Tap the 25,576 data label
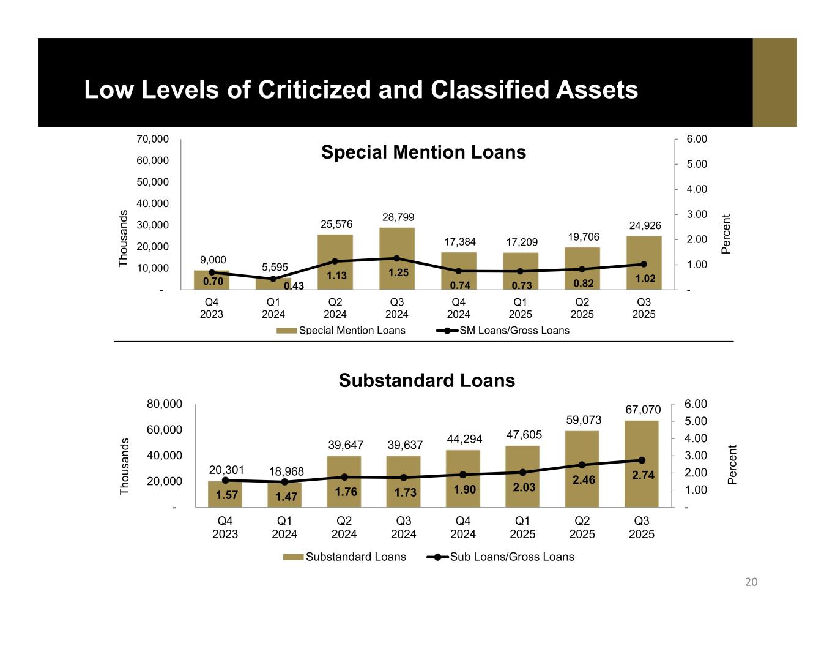point(336,225)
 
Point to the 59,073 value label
point(582,421)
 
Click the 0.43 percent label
point(294,286)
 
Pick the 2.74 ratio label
point(642,475)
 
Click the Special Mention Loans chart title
point(423,152)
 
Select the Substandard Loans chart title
point(426,381)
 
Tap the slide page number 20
point(751,582)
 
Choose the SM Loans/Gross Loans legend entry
point(503,331)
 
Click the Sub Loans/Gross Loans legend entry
point(500,557)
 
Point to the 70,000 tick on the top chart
point(153,140)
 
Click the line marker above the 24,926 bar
point(644,265)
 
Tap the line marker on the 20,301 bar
point(225,480)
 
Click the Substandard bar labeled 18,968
point(285,496)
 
